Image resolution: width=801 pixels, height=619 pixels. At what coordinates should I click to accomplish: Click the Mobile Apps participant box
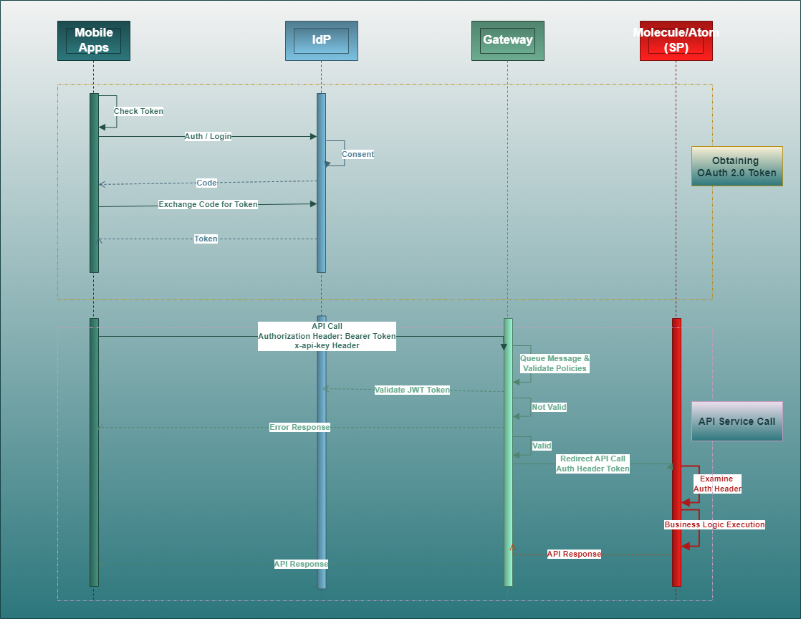pyautogui.click(x=94, y=41)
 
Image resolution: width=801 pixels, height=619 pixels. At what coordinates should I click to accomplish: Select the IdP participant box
pyautogui.click(x=321, y=41)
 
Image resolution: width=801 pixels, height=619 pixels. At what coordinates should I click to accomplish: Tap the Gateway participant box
pyautogui.click(x=507, y=41)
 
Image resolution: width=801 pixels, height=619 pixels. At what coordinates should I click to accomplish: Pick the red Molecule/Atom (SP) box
pyautogui.click(x=676, y=41)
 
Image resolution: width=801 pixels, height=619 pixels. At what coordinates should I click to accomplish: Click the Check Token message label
pyautogui.click(x=138, y=111)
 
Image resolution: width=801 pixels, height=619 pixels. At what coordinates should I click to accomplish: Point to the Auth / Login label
pyautogui.click(x=208, y=136)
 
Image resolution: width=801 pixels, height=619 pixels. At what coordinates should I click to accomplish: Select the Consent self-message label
pyautogui.click(x=358, y=154)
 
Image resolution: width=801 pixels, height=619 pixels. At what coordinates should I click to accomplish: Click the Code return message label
pyautogui.click(x=206, y=183)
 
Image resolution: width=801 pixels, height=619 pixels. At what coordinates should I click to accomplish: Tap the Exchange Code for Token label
pyautogui.click(x=208, y=204)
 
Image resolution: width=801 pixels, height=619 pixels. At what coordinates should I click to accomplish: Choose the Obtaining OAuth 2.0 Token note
pyautogui.click(x=737, y=166)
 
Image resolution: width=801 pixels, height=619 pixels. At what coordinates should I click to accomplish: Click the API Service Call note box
pyautogui.click(x=737, y=421)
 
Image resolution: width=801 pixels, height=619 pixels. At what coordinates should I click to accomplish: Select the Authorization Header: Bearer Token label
pyautogui.click(x=327, y=335)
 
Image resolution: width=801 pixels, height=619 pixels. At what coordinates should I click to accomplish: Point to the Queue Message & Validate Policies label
pyautogui.click(x=555, y=363)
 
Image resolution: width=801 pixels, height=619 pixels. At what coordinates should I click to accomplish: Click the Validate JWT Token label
pyautogui.click(x=412, y=390)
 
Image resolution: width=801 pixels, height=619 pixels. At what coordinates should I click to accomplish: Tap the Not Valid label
pyautogui.click(x=549, y=407)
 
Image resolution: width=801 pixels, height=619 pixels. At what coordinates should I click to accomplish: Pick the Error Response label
pyautogui.click(x=299, y=427)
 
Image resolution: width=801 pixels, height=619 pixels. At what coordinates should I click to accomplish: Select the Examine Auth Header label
pyautogui.click(x=716, y=484)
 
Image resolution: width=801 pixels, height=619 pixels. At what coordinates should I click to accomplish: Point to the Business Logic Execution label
pyautogui.click(x=714, y=524)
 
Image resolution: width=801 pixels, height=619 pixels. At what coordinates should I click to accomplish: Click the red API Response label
pyautogui.click(x=574, y=554)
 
